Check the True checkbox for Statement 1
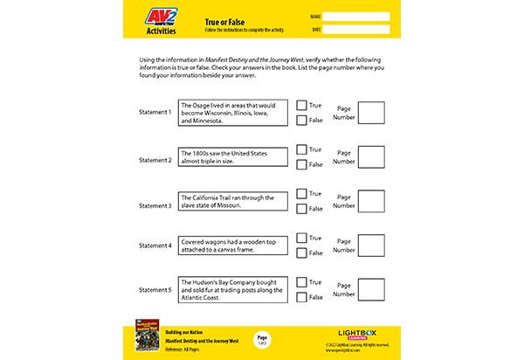(x=301, y=105)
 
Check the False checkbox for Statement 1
(x=301, y=121)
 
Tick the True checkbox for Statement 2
(x=301, y=149)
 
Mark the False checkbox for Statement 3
(x=301, y=209)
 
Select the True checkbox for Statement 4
(x=301, y=238)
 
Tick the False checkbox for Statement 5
(x=301, y=297)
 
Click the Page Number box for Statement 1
(x=371, y=113)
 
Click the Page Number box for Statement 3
(x=371, y=202)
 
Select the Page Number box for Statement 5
(x=371, y=290)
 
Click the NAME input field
(x=356, y=16)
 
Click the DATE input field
(x=356, y=29)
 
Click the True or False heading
(x=224, y=20)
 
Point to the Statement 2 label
(x=155, y=160)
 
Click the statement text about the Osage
(x=232, y=114)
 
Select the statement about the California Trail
(x=232, y=202)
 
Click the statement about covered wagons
(x=232, y=246)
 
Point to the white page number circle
(x=262, y=339)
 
